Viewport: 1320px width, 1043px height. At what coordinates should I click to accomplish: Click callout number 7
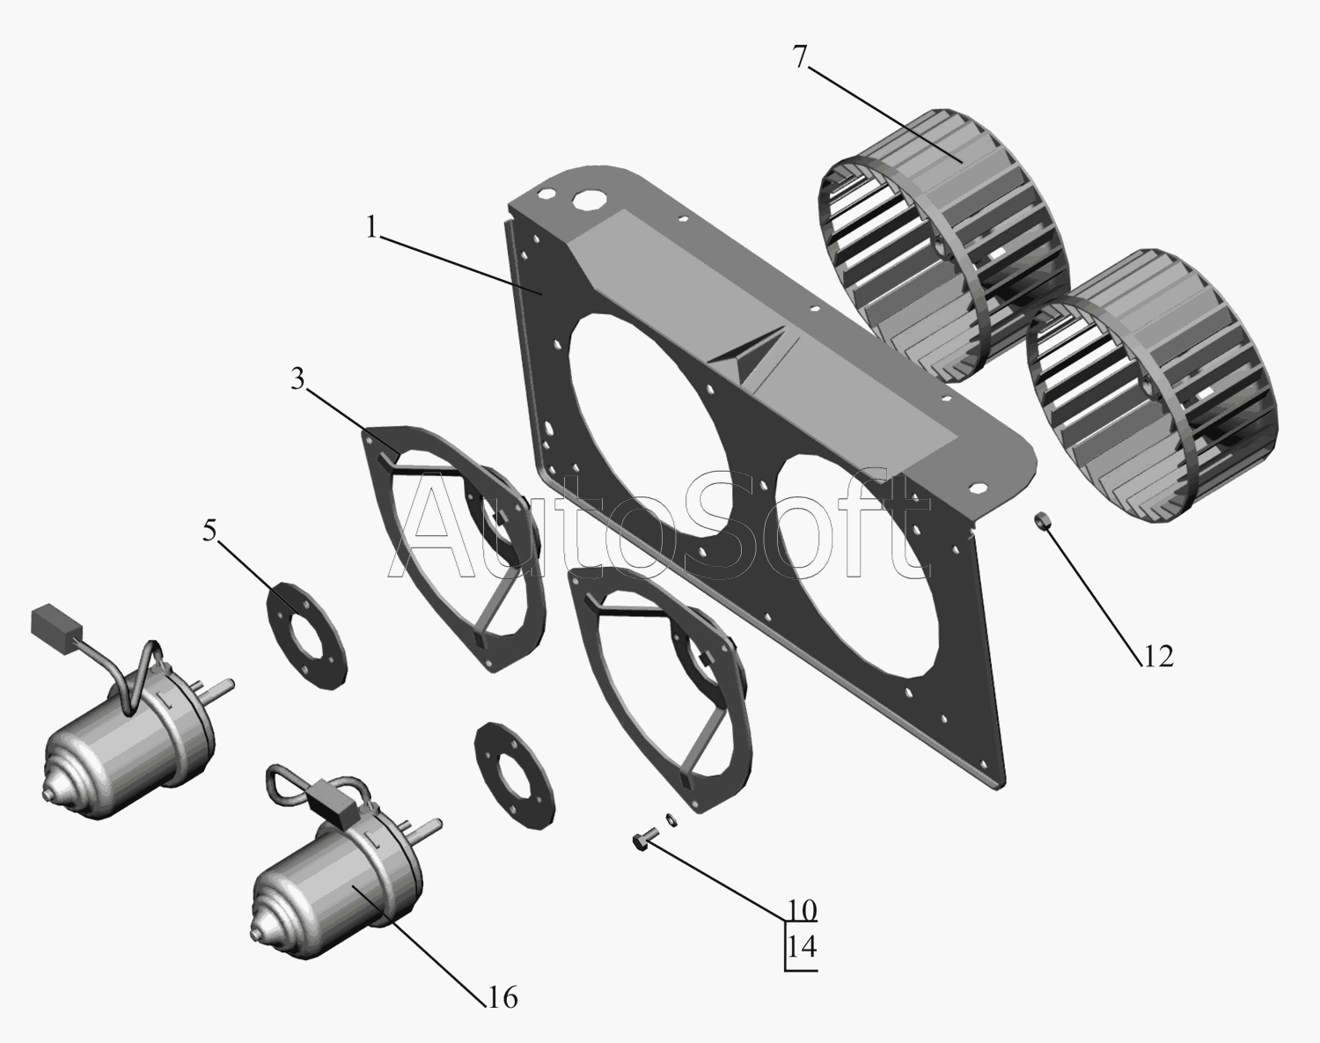pos(800,57)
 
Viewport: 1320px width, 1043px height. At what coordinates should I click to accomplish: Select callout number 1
pos(371,227)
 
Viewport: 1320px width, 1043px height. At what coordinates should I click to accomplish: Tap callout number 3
pos(297,379)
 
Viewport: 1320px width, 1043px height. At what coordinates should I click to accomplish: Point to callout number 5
pos(209,531)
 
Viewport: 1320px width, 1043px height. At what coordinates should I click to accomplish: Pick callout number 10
pos(801,910)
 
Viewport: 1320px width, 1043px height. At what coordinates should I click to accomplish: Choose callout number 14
pos(801,947)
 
